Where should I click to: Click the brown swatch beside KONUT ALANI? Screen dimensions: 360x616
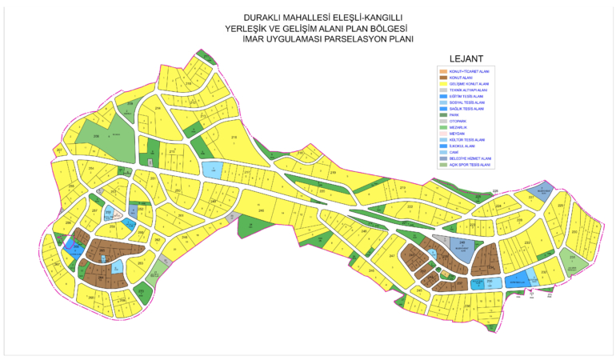[x=442, y=78]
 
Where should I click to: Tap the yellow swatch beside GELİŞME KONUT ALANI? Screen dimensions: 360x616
[x=442, y=84]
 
